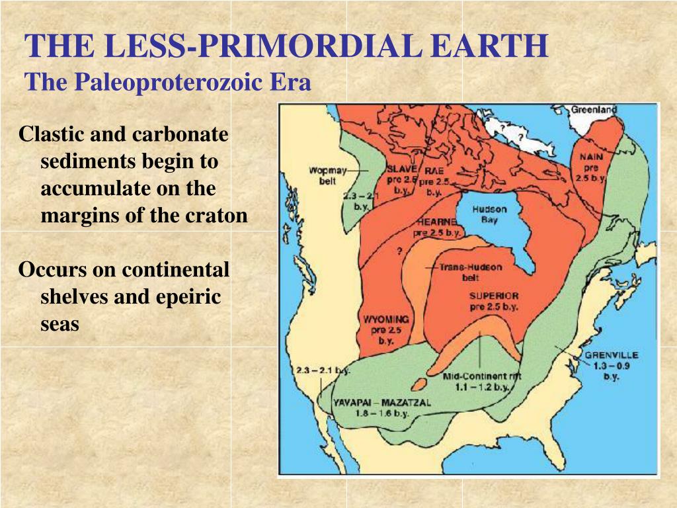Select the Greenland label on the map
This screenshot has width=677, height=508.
(x=593, y=110)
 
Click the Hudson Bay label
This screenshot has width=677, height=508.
(x=489, y=214)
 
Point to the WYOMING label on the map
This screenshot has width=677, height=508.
(x=385, y=319)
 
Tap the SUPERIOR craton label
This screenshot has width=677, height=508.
(x=494, y=296)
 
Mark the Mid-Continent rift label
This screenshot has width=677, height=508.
(x=482, y=376)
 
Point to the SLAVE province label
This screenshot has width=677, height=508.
(x=401, y=169)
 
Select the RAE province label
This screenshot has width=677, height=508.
(x=434, y=169)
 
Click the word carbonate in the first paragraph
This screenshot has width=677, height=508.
(x=180, y=134)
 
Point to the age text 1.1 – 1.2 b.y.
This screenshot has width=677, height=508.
(x=482, y=386)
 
